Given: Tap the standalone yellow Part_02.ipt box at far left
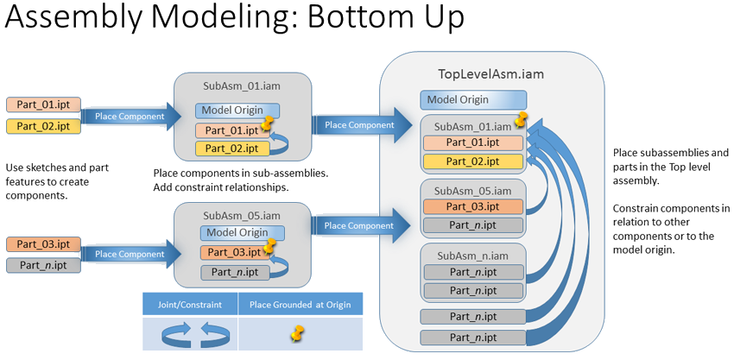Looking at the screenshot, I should coord(43,126).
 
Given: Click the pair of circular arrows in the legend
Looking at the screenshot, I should coord(190,332).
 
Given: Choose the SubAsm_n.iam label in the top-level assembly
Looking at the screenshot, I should coord(471,256).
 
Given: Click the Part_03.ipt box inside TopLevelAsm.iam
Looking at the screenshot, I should coord(471,206).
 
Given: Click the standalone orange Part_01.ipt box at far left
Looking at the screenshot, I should coord(43,105).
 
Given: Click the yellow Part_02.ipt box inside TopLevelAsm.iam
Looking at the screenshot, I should coord(471,161).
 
